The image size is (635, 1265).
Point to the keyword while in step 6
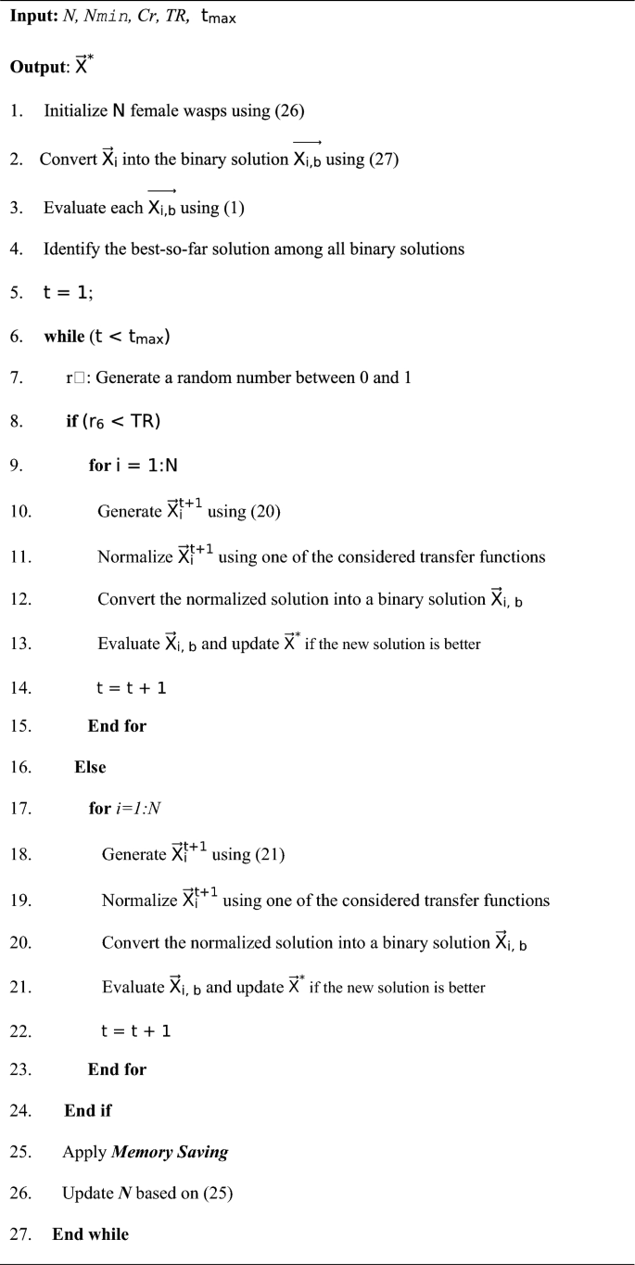(61, 337)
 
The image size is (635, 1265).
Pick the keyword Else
(90, 767)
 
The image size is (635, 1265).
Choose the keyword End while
(91, 1234)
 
